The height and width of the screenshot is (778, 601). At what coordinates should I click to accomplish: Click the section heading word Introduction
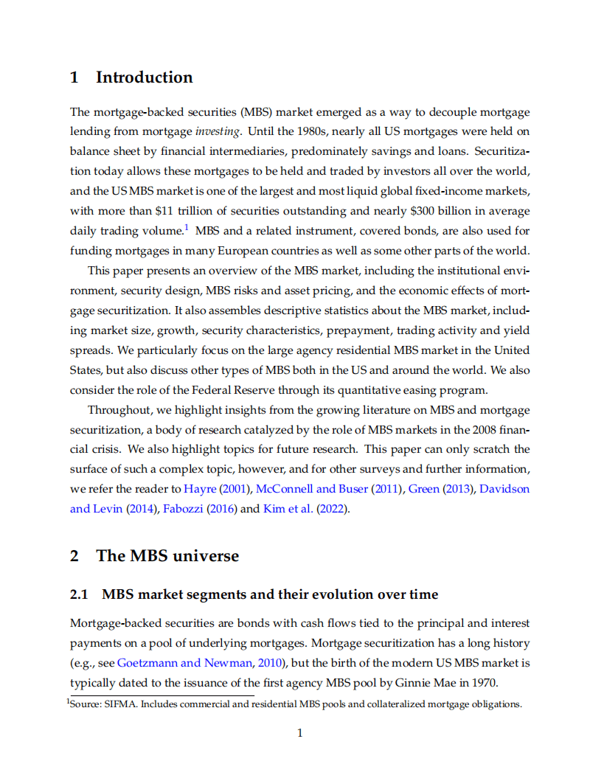coord(144,77)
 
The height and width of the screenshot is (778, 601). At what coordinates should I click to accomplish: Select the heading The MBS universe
coord(167,555)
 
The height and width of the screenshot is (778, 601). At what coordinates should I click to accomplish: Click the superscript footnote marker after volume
coord(187,226)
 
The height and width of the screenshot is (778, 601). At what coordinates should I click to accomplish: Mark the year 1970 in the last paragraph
coord(484,681)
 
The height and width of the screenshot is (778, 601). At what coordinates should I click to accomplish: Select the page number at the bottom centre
coord(300,732)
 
